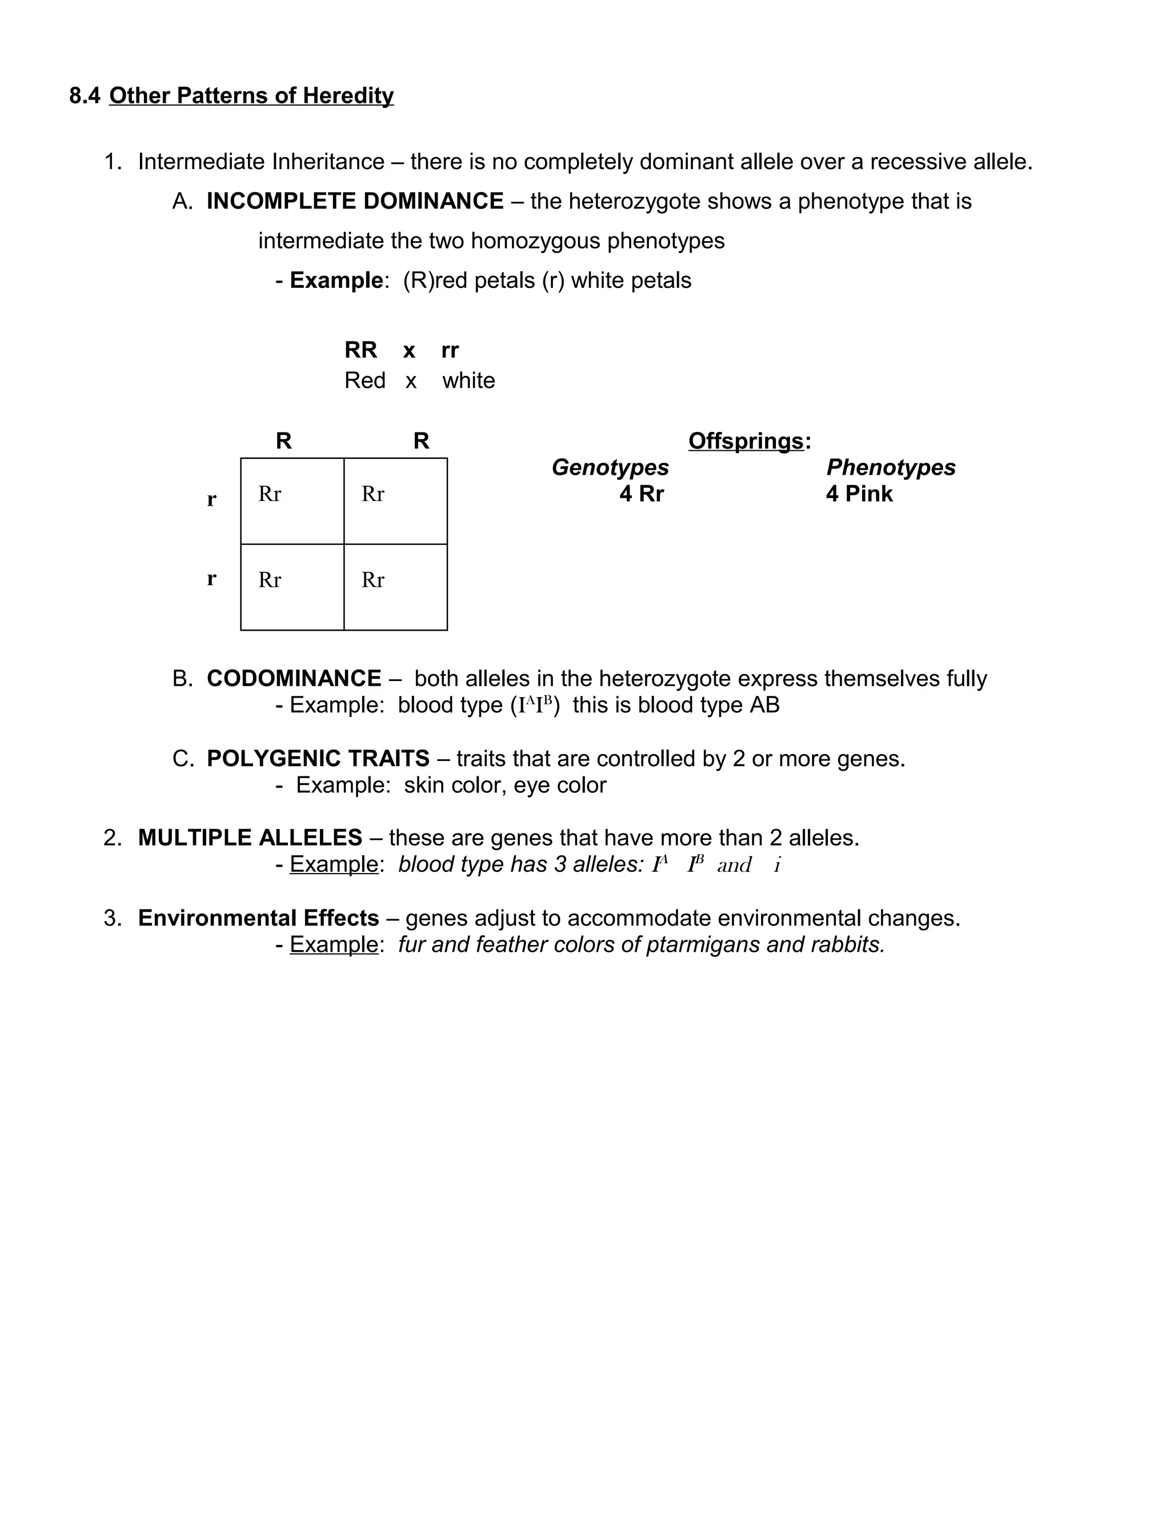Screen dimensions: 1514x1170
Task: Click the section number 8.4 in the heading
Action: point(85,95)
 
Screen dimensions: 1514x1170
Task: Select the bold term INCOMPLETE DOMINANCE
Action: point(355,201)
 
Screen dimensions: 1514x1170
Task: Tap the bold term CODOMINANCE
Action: point(294,678)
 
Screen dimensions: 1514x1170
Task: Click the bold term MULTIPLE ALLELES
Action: point(250,838)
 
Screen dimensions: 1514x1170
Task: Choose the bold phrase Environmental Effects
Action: point(259,918)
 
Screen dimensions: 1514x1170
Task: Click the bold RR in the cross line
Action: point(360,350)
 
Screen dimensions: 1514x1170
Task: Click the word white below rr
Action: point(468,380)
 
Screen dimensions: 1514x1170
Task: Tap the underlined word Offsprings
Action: point(746,441)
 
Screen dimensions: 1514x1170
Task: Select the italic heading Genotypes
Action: point(610,467)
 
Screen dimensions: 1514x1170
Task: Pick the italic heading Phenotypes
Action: point(891,467)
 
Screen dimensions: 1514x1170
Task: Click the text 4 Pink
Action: point(859,494)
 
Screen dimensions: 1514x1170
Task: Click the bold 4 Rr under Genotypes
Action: point(642,494)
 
